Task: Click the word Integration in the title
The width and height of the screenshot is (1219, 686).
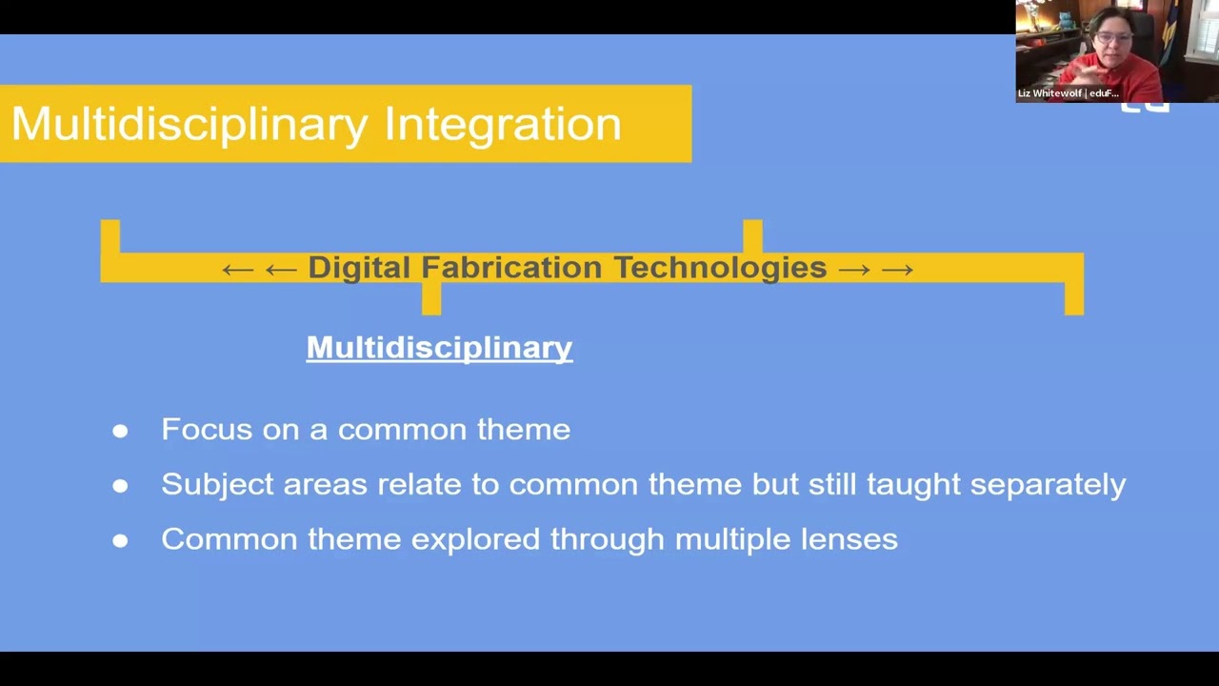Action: (x=502, y=125)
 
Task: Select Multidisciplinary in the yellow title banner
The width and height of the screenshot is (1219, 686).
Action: (x=189, y=125)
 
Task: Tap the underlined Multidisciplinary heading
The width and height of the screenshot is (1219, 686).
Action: (x=439, y=348)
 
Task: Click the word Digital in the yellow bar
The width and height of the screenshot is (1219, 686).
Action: (x=359, y=268)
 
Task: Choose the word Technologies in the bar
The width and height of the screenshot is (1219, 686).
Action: (x=719, y=268)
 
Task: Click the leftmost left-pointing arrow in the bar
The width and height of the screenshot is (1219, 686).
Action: (x=237, y=270)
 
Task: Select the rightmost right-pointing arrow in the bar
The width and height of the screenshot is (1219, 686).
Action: (x=897, y=270)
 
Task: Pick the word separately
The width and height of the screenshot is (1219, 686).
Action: (x=1048, y=484)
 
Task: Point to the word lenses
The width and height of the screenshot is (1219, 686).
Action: (x=849, y=539)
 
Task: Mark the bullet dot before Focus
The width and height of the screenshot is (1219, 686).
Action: (x=120, y=431)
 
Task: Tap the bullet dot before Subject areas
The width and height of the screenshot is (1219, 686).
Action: (x=120, y=486)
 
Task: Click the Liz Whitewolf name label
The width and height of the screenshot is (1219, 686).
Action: (x=1068, y=93)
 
